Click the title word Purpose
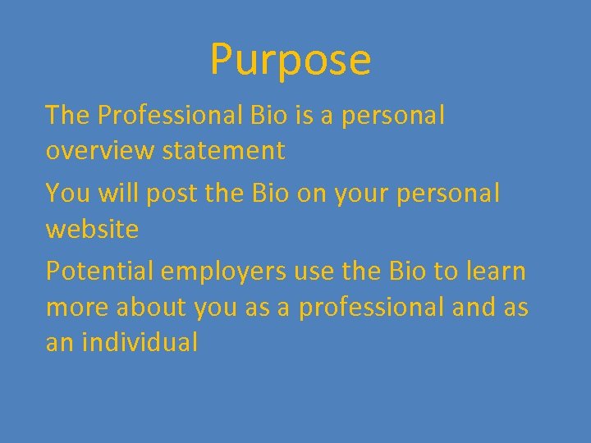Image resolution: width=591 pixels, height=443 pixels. pyautogui.click(x=291, y=60)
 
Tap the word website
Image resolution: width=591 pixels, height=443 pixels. pyautogui.click(x=92, y=229)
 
